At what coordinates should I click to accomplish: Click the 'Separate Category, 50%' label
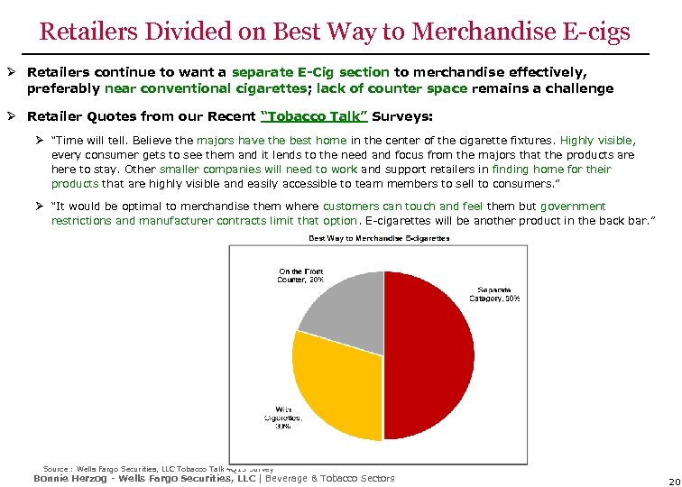click(x=498, y=293)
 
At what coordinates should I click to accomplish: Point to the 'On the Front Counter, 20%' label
click(x=300, y=275)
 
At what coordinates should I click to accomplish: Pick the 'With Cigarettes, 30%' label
click(x=277, y=418)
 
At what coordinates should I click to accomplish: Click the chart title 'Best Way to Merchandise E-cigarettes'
click(x=378, y=238)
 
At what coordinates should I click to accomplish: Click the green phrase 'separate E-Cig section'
click(x=310, y=71)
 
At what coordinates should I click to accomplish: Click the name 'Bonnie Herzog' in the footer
click(x=67, y=478)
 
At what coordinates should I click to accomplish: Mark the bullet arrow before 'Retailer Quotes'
click(x=14, y=116)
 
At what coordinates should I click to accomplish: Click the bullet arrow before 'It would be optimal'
click(x=41, y=207)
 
